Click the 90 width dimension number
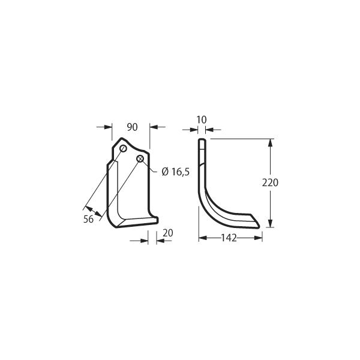point(132,127)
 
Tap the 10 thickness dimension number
point(202,119)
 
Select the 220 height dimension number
point(270,183)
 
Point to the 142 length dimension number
point(229,238)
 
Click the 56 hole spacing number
point(88,219)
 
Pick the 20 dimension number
point(168,233)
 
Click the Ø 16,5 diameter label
point(176,172)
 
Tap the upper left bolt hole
point(123,149)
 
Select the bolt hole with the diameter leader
point(140,158)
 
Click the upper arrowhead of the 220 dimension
point(270,143)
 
